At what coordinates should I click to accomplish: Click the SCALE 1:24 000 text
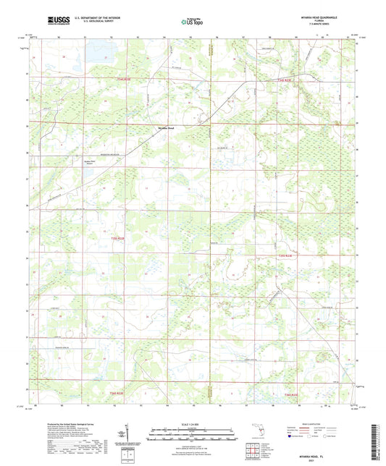192,423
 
